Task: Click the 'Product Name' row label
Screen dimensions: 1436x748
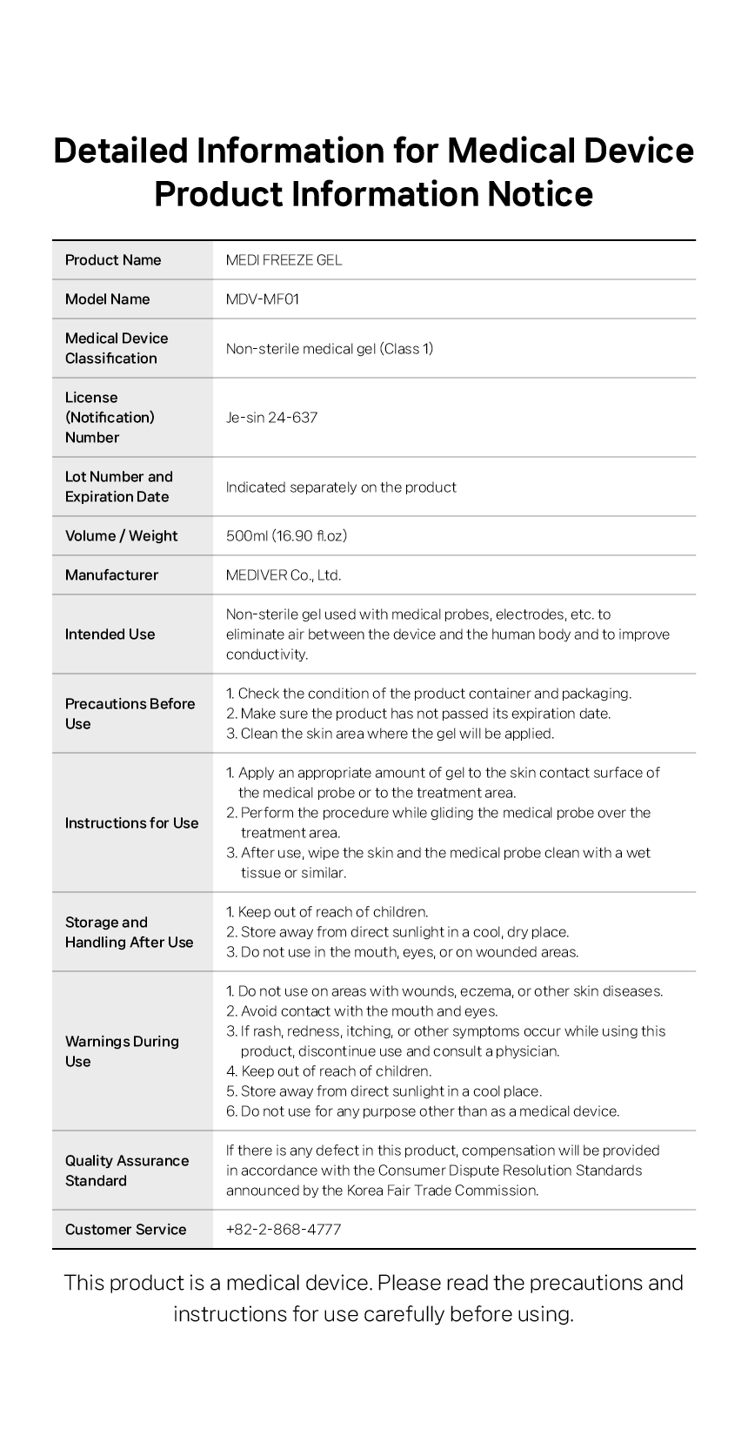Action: coord(113,260)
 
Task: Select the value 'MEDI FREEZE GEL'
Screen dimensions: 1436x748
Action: coord(284,260)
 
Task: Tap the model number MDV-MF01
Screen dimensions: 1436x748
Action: coord(263,299)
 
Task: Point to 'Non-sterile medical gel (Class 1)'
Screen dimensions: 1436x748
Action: coord(330,349)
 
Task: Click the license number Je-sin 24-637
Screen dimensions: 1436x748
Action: coord(271,418)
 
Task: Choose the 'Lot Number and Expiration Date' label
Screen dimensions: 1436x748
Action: coord(119,486)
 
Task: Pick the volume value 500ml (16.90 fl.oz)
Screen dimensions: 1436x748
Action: coord(286,536)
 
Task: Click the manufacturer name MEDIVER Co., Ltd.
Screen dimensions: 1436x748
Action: coord(284,575)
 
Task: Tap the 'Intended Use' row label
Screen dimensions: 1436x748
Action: coord(110,634)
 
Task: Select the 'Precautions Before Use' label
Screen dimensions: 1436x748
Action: coord(130,714)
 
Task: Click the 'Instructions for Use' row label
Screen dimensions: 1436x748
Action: coord(131,823)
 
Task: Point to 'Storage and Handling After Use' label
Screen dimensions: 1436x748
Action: coord(129,932)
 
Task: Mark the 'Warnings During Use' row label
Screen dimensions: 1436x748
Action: coord(122,1051)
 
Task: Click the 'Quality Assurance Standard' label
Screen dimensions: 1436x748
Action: coord(127,1171)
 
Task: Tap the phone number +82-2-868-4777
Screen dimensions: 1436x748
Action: coord(284,1230)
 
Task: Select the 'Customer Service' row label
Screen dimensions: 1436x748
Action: coord(125,1230)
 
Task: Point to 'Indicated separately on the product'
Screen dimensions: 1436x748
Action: coord(341,487)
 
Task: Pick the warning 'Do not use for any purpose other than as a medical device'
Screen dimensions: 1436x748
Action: coord(430,1111)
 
